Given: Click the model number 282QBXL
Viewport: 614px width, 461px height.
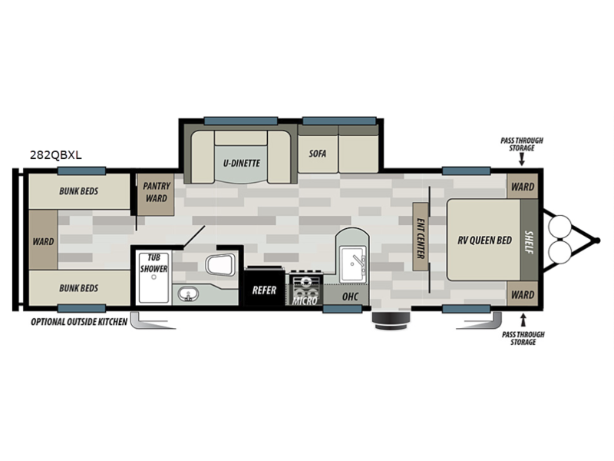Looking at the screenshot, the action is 56,155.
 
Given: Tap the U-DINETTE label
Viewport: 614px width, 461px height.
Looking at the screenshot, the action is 242,163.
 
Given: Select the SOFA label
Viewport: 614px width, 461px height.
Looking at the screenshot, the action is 318,154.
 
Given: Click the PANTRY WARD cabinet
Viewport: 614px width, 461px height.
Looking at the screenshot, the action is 156,194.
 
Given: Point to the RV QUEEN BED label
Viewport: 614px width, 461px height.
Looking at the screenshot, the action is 485,240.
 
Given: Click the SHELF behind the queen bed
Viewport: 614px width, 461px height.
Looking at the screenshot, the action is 529,240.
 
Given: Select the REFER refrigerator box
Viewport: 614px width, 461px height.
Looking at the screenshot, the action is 264,287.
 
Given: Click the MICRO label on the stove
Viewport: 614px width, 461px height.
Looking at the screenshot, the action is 305,300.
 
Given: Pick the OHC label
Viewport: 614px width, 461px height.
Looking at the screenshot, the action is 350,297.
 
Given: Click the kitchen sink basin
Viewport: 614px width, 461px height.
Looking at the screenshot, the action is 353,264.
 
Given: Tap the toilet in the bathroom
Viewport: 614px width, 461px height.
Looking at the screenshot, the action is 221,264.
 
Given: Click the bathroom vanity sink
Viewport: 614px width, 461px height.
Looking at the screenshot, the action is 188,294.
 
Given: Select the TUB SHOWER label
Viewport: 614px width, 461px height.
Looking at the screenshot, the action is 154,263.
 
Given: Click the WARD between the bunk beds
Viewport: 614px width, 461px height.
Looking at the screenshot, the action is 44,240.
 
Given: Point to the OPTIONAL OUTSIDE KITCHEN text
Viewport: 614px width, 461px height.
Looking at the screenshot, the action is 79,322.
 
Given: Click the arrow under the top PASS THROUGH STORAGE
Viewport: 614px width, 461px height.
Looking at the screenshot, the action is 522,159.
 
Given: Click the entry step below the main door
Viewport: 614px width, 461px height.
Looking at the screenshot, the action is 391,320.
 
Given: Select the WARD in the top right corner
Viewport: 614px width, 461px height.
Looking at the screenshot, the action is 523,186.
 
